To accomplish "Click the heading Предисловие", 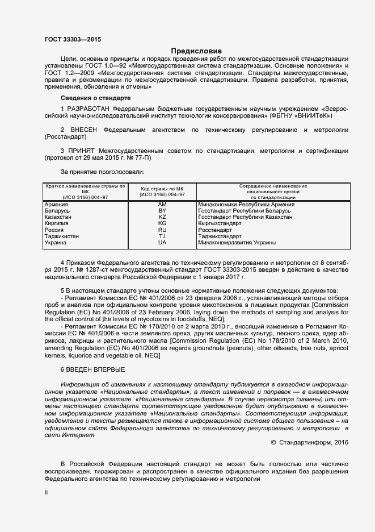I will point(196,51).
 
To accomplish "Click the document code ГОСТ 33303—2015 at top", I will point(73,40).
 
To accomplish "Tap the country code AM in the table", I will point(162,204).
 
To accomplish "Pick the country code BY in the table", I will point(162,211).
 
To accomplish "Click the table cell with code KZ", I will point(162,217).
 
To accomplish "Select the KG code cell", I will point(162,224).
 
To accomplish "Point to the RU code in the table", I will point(162,230).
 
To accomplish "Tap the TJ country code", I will point(162,236).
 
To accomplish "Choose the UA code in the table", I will point(162,243).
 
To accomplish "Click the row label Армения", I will point(57,204).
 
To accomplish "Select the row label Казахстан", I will point(59,217).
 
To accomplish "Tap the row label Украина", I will point(56,243).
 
